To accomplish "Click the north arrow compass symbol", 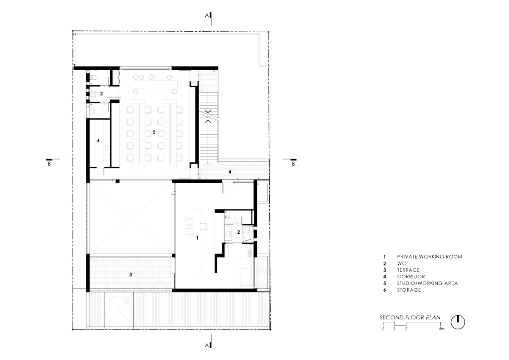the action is click(x=458, y=322).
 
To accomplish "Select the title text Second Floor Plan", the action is click(x=410, y=317).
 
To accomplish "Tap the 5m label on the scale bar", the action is click(x=442, y=329).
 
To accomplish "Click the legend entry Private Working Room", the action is click(x=429, y=257).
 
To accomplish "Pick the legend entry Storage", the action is click(x=409, y=290).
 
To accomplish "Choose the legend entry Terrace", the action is click(x=408, y=270).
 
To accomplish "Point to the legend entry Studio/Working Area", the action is click(x=427, y=283).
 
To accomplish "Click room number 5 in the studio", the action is click(x=154, y=132).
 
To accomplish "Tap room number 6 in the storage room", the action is click(x=98, y=141).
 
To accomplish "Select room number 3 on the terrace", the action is click(x=131, y=275).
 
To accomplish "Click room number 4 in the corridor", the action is click(x=230, y=172).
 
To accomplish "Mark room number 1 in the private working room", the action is click(x=197, y=238).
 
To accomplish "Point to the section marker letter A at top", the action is click(x=207, y=15).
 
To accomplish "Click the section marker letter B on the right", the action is click(x=294, y=164).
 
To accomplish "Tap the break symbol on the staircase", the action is click(x=209, y=116).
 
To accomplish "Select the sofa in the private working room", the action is click(x=246, y=272).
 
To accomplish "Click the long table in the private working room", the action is click(x=196, y=241).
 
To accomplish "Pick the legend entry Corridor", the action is click(x=411, y=276).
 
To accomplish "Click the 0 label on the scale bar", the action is click(x=383, y=329).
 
